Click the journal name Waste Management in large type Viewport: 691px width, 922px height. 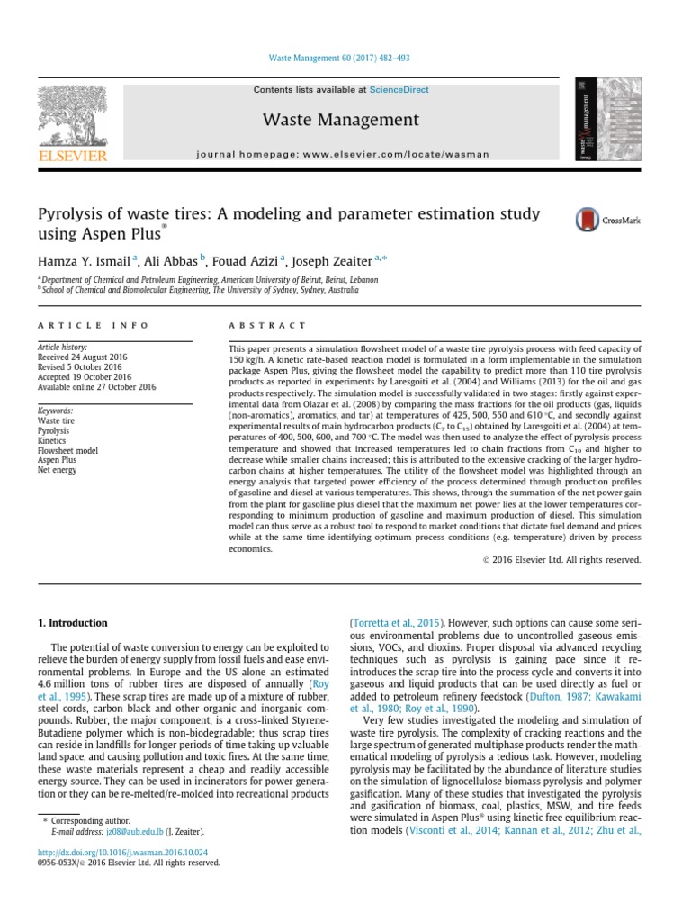coord(340,120)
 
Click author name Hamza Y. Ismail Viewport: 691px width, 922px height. coord(84,260)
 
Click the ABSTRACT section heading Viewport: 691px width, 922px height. coord(266,325)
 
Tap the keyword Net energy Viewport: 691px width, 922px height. coord(57,470)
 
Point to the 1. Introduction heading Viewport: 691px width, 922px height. coord(72,623)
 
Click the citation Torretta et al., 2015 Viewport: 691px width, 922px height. coord(395,622)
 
